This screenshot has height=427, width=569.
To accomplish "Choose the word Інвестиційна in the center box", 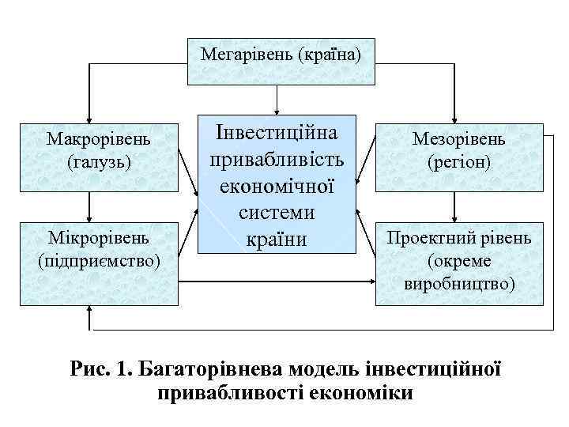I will pyautogui.click(x=277, y=132).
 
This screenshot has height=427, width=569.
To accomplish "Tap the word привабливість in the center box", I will pyautogui.click(x=277, y=159).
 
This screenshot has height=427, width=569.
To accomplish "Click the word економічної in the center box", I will pyautogui.click(x=277, y=186).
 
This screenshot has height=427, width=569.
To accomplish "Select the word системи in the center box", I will pyautogui.click(x=277, y=212).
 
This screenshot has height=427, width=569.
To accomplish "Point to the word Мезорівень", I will pyautogui.click(x=458, y=140).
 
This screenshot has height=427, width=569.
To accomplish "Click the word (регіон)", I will pyautogui.click(x=458, y=163).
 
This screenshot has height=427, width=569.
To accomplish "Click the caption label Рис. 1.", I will pyautogui.click(x=102, y=368).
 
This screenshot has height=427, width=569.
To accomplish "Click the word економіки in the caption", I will pyautogui.click(x=367, y=393).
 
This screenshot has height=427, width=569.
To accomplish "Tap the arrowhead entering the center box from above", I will pyautogui.click(x=277, y=110).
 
